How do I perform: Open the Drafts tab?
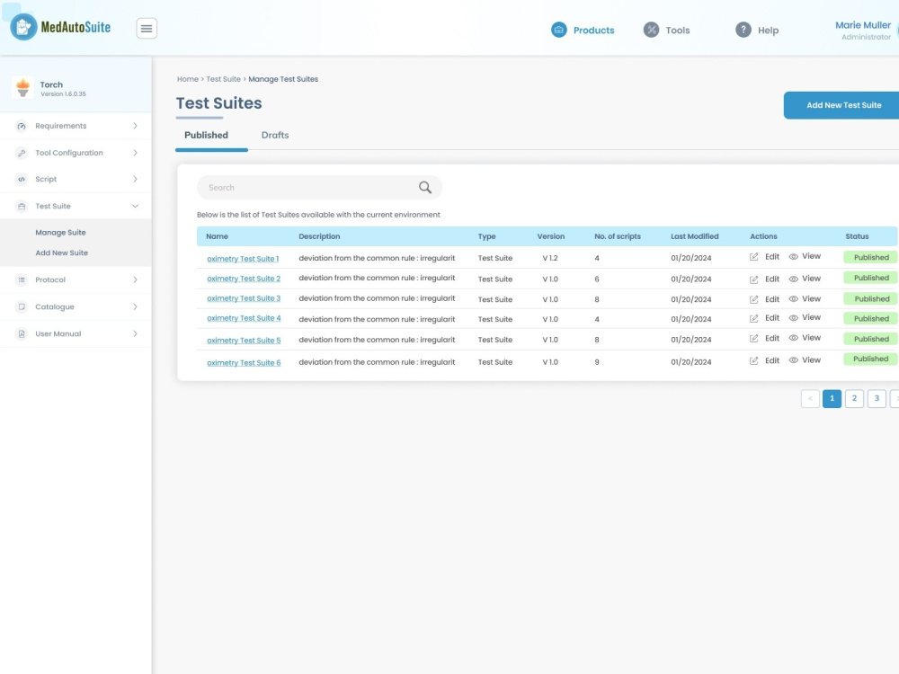pos(275,136)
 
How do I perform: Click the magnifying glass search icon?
pos(425,188)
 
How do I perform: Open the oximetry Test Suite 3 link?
pos(244,298)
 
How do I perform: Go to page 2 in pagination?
pos(854,398)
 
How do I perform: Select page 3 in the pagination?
pos(877,398)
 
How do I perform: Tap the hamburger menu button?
pos(147,28)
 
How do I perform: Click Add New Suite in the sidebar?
pos(62,253)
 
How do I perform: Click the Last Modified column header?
pos(694,236)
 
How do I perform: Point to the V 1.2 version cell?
pos(550,258)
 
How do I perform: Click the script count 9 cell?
pos(597,362)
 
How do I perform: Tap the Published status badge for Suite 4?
pos(871,319)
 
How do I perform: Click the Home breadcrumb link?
pos(188,79)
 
